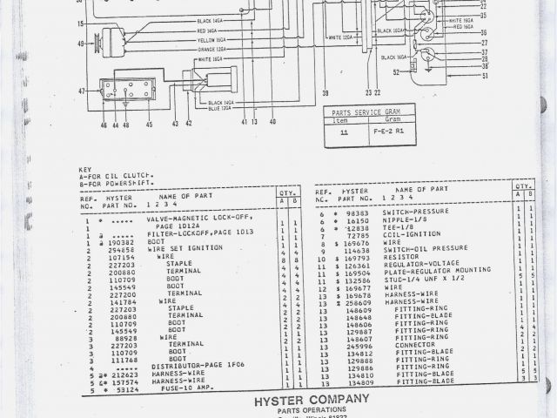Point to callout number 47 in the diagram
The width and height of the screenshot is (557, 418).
click(x=82, y=91)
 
